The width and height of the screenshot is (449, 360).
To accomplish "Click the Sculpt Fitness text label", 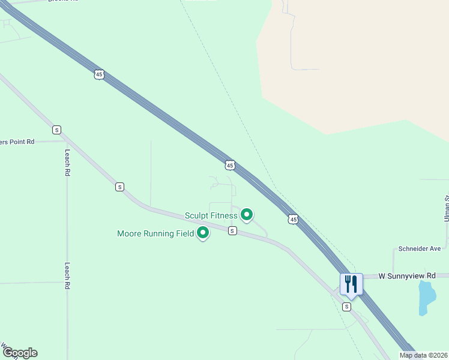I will (211, 215).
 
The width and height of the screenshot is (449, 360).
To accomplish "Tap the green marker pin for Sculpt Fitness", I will (247, 214).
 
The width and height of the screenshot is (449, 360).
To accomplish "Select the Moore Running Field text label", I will (155, 233).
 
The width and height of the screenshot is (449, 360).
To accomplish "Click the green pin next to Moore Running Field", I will (203, 232).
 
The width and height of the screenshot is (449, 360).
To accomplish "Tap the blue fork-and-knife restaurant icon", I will (351, 284).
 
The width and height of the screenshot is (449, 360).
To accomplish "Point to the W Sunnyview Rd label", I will (407, 276).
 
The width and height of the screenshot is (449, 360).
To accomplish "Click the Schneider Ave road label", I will (420, 248).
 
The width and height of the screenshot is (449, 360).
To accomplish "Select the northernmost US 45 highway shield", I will (99, 74).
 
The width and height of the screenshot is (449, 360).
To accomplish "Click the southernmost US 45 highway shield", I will (293, 220).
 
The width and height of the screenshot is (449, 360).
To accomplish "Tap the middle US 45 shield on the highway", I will (230, 165).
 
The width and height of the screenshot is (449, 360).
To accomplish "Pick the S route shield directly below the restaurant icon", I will (346, 307).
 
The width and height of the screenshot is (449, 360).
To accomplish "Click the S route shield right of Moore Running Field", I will (232, 231).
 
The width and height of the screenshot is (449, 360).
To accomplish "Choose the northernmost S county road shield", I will (56, 130).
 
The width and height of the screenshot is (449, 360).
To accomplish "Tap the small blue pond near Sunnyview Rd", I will (426, 296).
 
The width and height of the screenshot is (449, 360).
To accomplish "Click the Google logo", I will (20, 353).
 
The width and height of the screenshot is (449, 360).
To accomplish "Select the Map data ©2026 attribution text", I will (423, 355).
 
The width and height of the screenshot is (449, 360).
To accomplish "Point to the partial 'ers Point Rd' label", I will (17, 142).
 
